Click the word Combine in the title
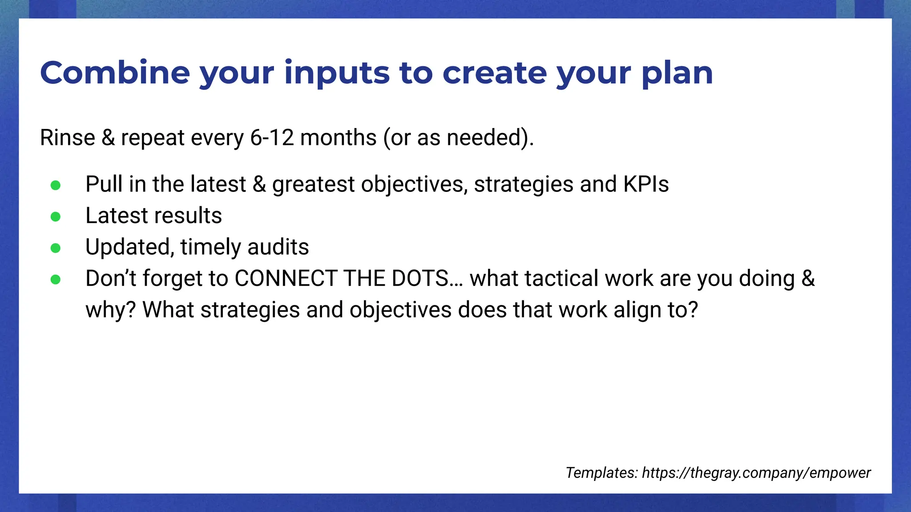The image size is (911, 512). coord(115,72)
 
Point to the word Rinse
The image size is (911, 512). coord(67,137)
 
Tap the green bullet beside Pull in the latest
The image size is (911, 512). coord(56,185)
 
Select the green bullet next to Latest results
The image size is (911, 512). coord(56,216)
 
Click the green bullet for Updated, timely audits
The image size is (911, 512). coord(56,248)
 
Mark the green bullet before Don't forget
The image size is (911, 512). coord(56,279)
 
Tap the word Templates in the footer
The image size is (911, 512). coord(601,472)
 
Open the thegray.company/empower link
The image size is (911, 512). coord(756,472)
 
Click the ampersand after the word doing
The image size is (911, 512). coord(808,279)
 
